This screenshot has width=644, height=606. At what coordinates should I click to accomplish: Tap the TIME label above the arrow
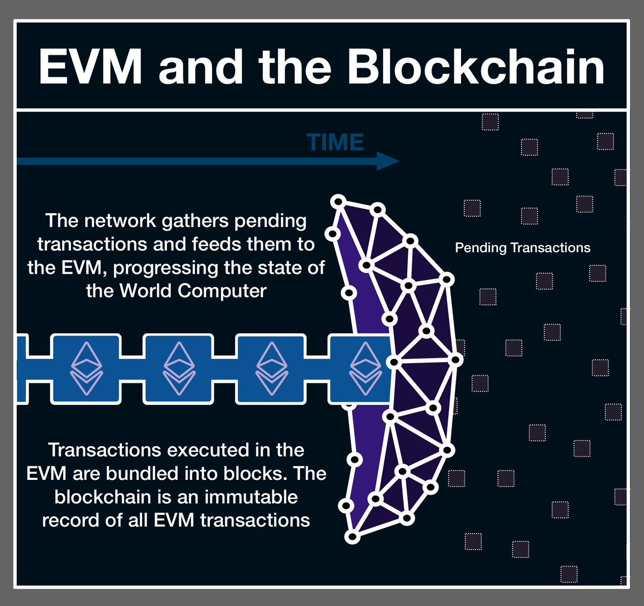pyautogui.click(x=335, y=143)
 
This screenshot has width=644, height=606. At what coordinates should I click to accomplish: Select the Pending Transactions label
pyautogui.click(x=522, y=248)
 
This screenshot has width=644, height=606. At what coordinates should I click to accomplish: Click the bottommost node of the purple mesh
pyautogui.click(x=352, y=536)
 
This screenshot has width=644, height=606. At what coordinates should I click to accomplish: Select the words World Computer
pyautogui.click(x=193, y=291)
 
